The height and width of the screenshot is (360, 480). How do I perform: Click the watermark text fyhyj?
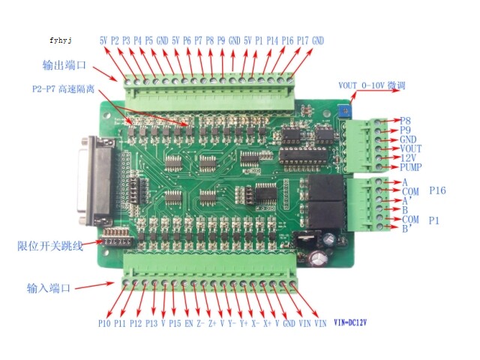pos(61,40)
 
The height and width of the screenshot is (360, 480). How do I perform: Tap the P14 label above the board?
pos(272,40)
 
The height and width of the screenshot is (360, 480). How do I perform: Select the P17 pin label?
pos(303,40)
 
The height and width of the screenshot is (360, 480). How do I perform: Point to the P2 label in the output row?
pos(115,40)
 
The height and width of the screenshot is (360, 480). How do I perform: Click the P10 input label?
pos(104,323)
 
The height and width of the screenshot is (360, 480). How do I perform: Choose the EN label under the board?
pos(188,323)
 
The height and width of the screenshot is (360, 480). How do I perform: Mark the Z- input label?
pos(200,323)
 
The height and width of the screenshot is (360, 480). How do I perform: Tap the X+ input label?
pos(267,323)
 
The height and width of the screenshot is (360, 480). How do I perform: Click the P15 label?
pos(175,323)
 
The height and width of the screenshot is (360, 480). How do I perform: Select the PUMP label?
pos(410,167)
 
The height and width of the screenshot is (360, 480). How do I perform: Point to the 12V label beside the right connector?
pos(408,158)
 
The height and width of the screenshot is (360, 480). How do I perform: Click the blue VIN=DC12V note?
pos(350,322)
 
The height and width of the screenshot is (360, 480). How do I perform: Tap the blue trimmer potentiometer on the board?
pos(344,112)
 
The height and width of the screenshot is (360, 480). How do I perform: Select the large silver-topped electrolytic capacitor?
pos(318,259)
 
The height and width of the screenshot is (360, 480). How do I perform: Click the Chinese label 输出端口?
pos(64,65)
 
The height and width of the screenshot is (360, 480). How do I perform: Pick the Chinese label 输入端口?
pos(49,288)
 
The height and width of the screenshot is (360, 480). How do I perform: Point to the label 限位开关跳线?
pos(50,246)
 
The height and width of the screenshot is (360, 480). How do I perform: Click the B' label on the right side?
pos(406,229)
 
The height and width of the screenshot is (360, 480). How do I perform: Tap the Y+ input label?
pos(244,323)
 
